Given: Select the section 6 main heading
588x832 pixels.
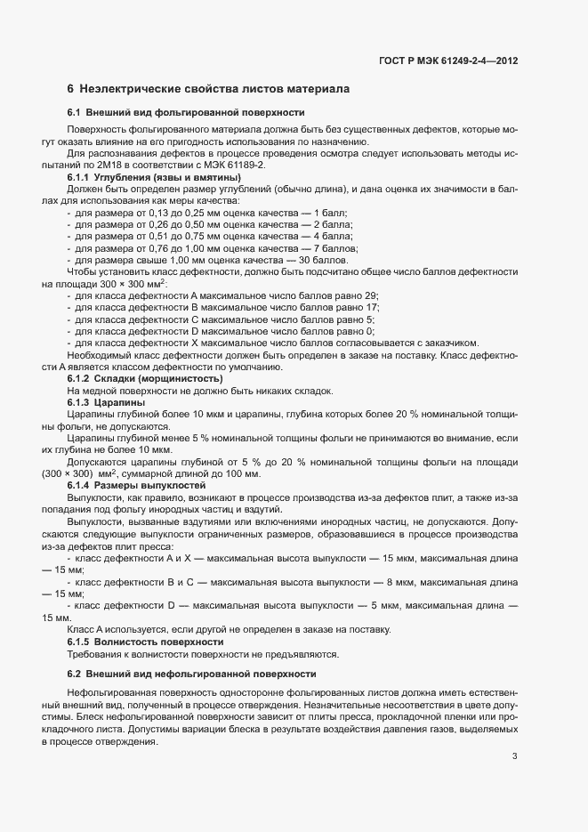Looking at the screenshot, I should [208, 89].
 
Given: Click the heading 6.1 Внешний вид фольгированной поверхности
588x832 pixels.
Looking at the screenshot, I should [186, 113].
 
